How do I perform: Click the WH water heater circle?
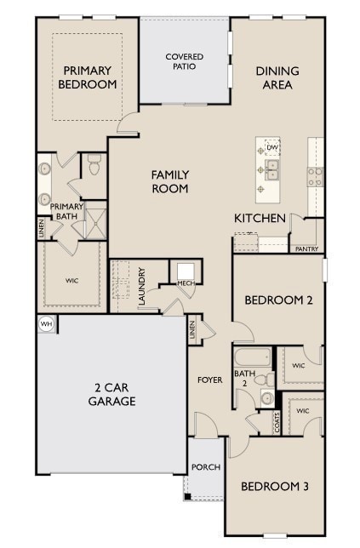click(x=45, y=323)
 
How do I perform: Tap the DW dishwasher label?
click(x=271, y=148)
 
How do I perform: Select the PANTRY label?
click(x=306, y=249)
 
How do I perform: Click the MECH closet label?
click(x=185, y=283)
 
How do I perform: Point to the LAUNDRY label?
click(x=142, y=287)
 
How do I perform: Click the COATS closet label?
click(x=277, y=423)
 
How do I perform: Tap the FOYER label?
click(x=211, y=380)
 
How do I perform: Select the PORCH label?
click(x=205, y=467)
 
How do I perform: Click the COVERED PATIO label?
click(x=185, y=61)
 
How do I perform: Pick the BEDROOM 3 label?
click(x=274, y=487)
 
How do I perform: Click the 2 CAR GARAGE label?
click(x=111, y=394)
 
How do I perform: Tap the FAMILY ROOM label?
click(x=170, y=181)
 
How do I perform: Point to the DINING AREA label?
click(x=276, y=77)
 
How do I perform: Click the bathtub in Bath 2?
click(x=253, y=357)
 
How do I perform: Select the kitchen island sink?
click(x=271, y=174)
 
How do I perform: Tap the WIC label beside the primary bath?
click(x=71, y=279)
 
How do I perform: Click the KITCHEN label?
click(x=260, y=219)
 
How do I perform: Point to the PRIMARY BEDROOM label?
click(x=87, y=77)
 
